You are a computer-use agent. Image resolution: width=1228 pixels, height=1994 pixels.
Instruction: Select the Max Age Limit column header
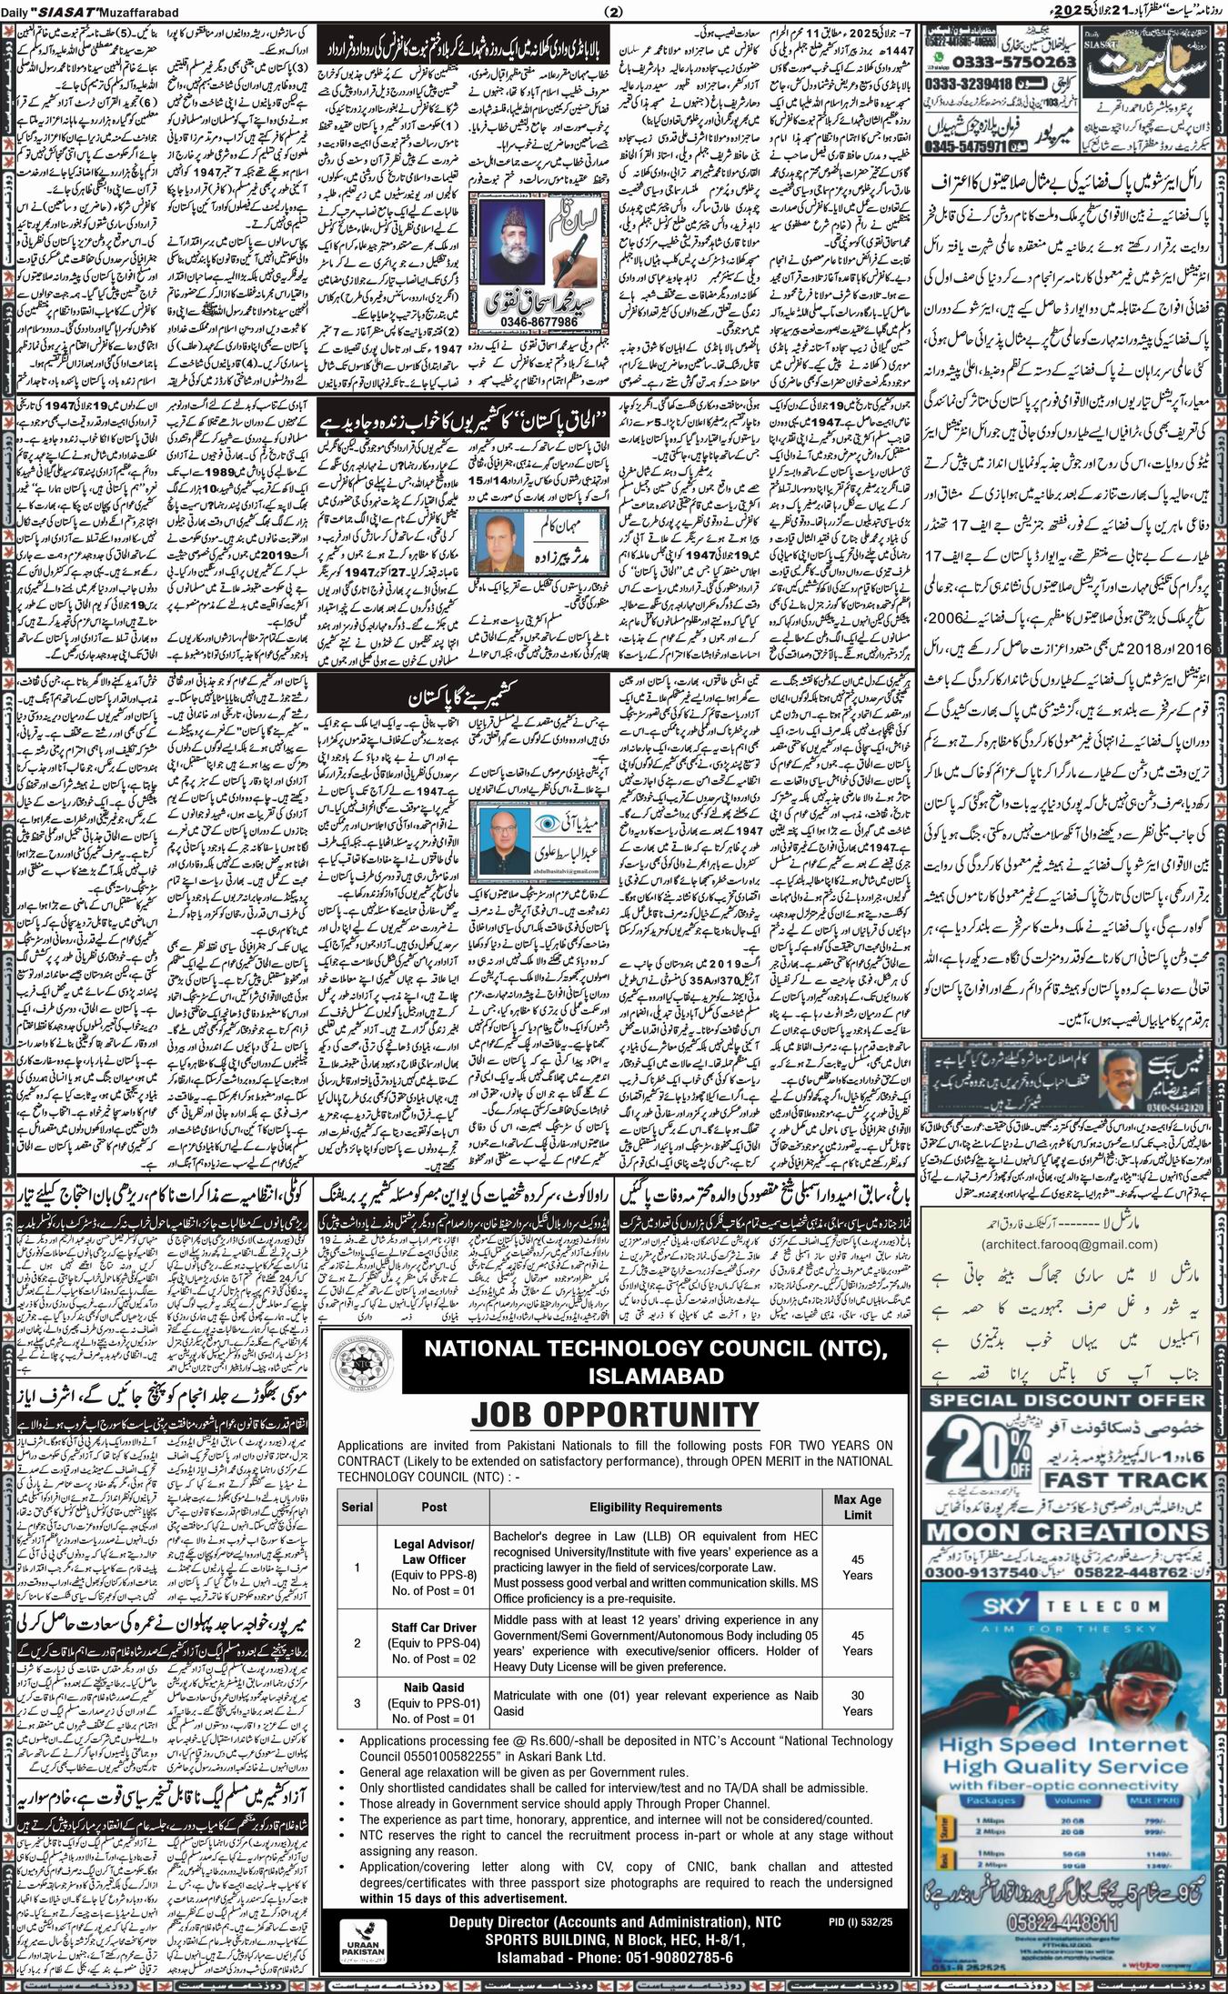click(x=857, y=1506)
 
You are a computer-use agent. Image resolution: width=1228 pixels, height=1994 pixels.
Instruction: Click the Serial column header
click(x=357, y=1506)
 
